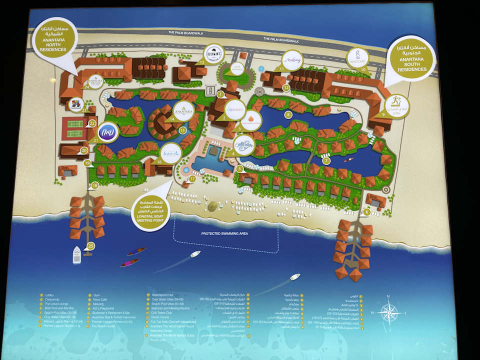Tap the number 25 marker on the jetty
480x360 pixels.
pyautogui.click(x=90, y=245)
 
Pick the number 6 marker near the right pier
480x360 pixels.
pyautogui.click(x=367, y=211)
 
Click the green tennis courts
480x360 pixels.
pyautogui.click(x=74, y=128)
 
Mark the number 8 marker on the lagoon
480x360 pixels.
pyautogui.click(x=288, y=115)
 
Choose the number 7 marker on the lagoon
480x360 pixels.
pyautogui.click(x=326, y=160)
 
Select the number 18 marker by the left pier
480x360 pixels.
pyautogui.click(x=95, y=186)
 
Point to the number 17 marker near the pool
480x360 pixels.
pyautogui.click(x=192, y=178)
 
